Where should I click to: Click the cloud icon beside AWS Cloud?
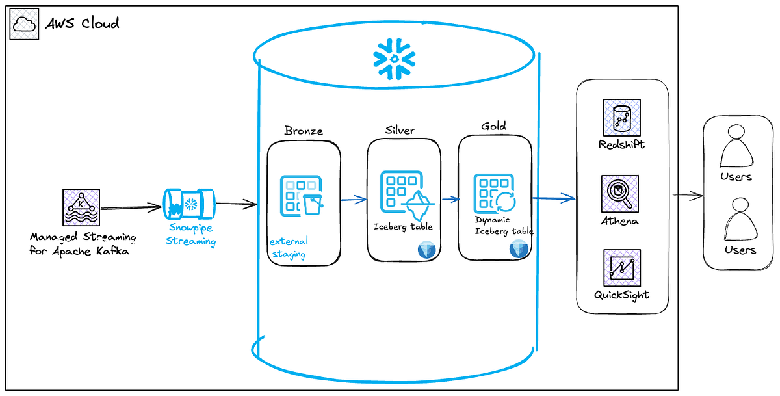coord(24,25)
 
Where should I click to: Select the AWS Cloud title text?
coord(83,24)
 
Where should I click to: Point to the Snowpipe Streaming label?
coord(191,234)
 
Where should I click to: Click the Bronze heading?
coord(304,131)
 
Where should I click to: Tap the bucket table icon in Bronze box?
coord(301,195)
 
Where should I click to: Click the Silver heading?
coord(400,130)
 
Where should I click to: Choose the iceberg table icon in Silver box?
coord(403,193)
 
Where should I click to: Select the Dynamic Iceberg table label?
coord(504,226)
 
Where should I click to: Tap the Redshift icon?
coord(622,118)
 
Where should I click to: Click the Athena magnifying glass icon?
coord(622,193)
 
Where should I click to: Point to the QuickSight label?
coord(622,295)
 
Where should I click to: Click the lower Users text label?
coord(740,250)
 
